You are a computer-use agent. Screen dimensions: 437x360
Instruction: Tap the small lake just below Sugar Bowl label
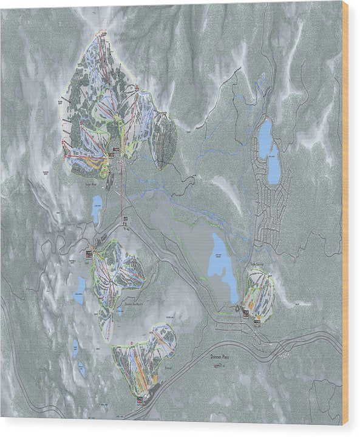tap(97, 209)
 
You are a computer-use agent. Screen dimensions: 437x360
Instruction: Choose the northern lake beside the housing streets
tap(265, 138)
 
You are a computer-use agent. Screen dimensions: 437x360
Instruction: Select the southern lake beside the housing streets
tap(274, 164)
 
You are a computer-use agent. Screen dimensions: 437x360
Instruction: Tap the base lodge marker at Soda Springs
tap(246, 313)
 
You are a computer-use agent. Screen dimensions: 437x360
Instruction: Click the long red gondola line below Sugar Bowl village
tap(121, 194)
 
